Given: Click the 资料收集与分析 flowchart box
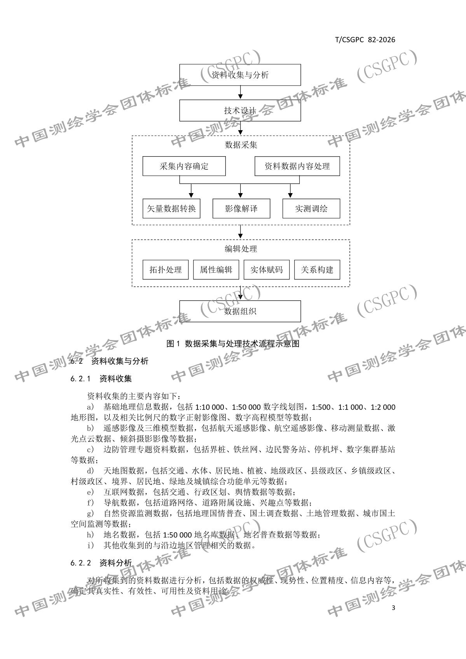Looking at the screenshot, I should (240, 75).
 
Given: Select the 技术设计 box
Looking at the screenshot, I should (240, 111).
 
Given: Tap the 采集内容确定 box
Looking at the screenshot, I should (184, 166).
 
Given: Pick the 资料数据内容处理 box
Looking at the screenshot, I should (297, 166).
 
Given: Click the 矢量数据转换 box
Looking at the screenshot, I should (171, 209).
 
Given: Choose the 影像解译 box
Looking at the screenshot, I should (241, 209).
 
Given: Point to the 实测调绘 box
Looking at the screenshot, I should (311, 209).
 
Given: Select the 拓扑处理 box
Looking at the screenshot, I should (166, 270).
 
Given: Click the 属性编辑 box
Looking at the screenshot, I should (216, 270).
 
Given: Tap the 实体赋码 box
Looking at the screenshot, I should (267, 270).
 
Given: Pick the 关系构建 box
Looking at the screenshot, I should (317, 270).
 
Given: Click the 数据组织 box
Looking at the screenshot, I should (240, 311).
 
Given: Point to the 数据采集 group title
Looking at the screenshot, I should (241, 145).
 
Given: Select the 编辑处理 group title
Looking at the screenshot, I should (241, 249).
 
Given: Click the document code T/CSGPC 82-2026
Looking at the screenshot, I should (365, 40).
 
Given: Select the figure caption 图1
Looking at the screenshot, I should (233, 343).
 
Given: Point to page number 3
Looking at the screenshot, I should (393, 608).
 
